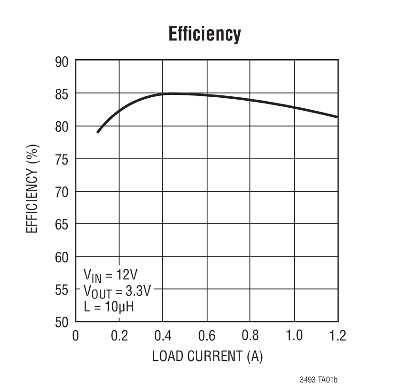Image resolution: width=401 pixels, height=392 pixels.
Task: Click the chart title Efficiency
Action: (x=204, y=34)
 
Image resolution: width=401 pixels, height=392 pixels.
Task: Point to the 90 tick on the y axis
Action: (x=62, y=62)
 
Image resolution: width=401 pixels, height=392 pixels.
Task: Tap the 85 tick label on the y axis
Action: (x=62, y=94)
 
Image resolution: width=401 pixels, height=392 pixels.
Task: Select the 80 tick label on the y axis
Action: (x=62, y=127)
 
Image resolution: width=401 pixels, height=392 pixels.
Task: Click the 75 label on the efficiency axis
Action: (x=62, y=159)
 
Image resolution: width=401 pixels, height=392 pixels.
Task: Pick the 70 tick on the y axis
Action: (x=62, y=192)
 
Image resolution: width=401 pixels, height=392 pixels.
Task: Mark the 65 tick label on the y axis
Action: (x=62, y=224)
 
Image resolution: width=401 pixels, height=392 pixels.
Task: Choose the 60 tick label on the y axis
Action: (x=62, y=257)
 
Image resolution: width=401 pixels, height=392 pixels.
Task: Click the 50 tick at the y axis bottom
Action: (x=62, y=322)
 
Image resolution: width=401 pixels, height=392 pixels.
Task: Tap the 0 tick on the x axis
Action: (x=75, y=336)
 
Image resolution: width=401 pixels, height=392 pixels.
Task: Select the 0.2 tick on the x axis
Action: (x=119, y=336)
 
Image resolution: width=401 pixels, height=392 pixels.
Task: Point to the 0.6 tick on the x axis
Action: (x=207, y=336)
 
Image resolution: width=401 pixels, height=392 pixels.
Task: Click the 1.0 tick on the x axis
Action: (x=294, y=336)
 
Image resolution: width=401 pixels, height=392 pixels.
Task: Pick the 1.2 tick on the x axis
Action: (x=337, y=336)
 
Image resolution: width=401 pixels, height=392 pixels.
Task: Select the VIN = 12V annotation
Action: (x=111, y=275)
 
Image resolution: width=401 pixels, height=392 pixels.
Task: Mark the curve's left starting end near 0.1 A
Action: (x=97, y=132)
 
